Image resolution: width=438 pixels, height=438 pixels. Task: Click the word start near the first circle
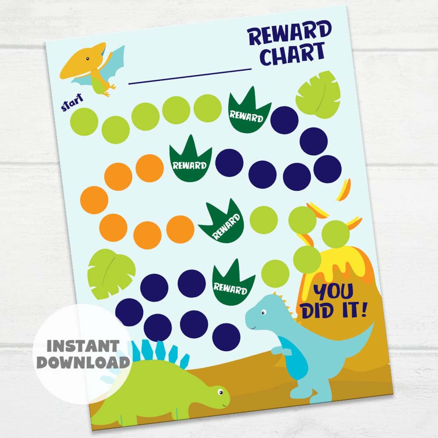click(x=72, y=102)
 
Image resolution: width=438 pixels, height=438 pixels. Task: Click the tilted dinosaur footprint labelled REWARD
click(x=222, y=222)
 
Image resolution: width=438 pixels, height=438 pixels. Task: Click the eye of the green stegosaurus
click(x=220, y=392)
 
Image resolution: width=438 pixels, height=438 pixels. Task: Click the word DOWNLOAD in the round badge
click(x=83, y=362)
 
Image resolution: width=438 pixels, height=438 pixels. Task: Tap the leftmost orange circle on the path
click(x=94, y=200)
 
